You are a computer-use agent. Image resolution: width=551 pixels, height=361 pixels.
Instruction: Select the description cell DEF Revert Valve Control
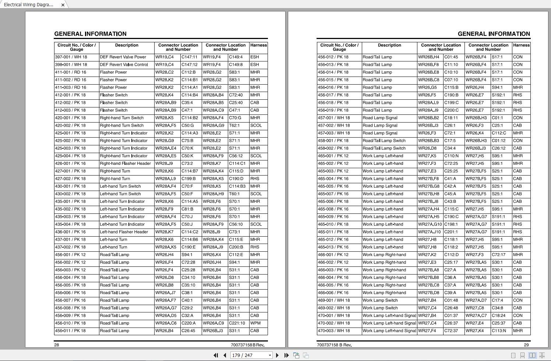click(x=124, y=65)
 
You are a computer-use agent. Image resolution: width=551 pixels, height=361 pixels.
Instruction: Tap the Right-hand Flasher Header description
click(x=125, y=163)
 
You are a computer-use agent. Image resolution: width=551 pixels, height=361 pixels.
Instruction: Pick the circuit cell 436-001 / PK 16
click(x=70, y=232)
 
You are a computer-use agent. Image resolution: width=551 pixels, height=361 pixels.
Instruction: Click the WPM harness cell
click(x=255, y=323)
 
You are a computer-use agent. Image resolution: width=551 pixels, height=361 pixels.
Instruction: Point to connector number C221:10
click(x=237, y=323)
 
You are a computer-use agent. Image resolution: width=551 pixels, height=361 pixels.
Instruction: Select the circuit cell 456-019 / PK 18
click(x=333, y=110)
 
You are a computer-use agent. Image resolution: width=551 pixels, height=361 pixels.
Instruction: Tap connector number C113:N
click(x=499, y=331)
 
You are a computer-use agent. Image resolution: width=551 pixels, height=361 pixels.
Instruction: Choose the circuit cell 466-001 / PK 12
click(x=333, y=255)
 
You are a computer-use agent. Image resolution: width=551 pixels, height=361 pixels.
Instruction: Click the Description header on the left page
click(x=127, y=45)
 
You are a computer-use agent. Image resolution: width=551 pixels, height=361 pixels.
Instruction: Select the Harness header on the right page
click(x=521, y=45)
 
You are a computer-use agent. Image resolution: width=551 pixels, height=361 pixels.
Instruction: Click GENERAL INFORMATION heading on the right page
click(x=494, y=34)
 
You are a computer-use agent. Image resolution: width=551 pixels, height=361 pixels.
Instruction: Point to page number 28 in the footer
click(x=57, y=345)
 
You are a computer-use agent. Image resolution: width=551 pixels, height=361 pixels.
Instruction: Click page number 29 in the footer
click(x=526, y=345)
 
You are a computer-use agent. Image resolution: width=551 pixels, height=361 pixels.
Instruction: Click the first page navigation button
click(x=216, y=355)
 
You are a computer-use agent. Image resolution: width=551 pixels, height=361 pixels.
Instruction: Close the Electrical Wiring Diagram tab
click(x=63, y=5)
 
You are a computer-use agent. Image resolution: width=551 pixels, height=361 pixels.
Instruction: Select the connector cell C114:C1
click(x=237, y=163)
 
